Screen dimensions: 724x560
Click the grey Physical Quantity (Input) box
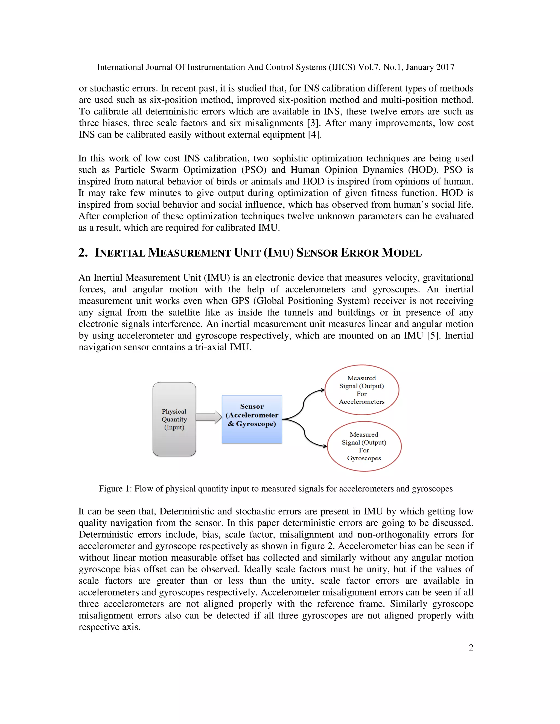coord(174,419)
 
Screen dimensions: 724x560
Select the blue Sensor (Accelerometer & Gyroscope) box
coord(252,419)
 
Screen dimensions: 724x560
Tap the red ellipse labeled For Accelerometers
coord(361,390)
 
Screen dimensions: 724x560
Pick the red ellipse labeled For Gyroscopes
coord(364,446)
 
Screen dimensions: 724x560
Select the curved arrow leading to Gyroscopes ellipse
coord(305,435)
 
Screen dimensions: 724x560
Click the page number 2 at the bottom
coord(471,648)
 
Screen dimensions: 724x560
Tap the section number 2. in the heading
coord(83,253)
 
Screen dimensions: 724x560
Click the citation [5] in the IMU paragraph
coord(433,335)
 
